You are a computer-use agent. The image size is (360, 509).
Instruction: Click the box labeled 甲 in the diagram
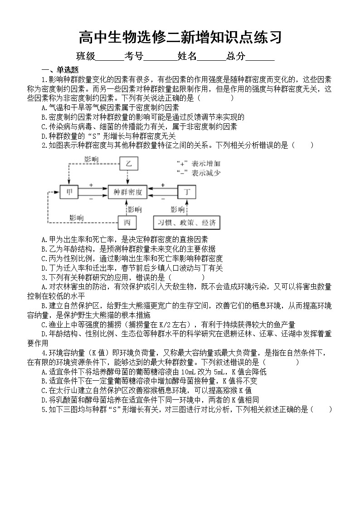click(69, 192)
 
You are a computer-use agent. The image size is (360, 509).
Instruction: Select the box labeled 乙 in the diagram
click(129, 163)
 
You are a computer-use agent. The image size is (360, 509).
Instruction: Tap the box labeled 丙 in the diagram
click(127, 223)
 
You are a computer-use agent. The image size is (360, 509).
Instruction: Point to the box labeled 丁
click(186, 192)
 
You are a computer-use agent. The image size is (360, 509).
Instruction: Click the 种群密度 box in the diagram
click(127, 192)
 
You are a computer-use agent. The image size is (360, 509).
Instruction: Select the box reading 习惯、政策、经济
click(186, 223)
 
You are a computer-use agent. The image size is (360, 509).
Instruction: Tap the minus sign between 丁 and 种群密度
click(164, 199)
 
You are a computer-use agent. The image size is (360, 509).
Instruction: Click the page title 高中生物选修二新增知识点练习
click(180, 37)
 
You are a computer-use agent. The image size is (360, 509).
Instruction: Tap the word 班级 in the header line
click(86, 56)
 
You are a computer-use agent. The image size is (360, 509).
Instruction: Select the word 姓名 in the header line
click(187, 56)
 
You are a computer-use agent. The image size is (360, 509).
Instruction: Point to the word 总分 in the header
click(236, 56)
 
